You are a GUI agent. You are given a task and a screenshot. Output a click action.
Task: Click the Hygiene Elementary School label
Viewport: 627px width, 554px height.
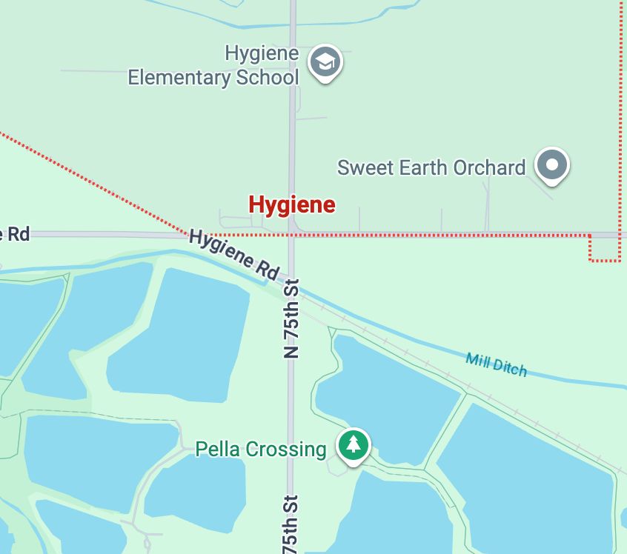(213, 65)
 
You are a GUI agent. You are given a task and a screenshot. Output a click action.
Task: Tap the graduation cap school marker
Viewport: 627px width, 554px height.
(325, 63)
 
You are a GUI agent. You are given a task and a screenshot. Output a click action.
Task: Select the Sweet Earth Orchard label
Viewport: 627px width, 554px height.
(431, 167)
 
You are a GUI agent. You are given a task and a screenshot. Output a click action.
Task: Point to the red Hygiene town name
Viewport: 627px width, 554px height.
(291, 204)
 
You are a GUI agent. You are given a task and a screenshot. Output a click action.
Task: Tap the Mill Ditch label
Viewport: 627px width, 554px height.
(497, 364)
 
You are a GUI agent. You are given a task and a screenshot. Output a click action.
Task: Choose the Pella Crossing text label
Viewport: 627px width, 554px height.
(260, 449)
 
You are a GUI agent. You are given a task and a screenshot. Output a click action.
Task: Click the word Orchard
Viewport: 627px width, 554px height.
(490, 167)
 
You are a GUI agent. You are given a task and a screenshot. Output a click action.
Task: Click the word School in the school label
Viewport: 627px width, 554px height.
(268, 77)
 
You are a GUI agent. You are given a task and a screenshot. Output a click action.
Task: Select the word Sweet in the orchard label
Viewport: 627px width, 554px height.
(365, 167)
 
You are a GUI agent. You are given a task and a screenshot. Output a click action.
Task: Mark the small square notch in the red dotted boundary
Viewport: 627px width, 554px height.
(605, 248)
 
